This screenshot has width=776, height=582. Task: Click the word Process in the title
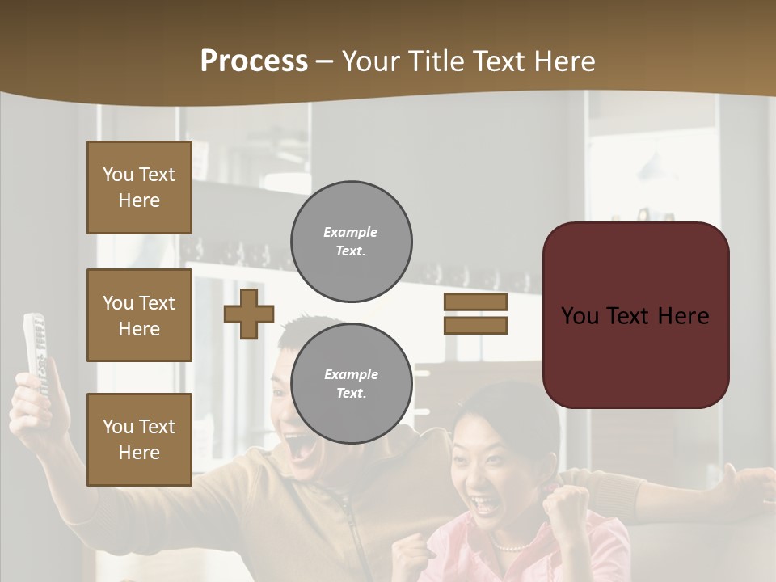click(254, 61)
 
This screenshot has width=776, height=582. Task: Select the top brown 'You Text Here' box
click(139, 188)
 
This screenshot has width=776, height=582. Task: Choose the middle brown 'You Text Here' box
click(139, 315)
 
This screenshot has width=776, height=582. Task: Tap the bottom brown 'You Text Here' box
click(139, 439)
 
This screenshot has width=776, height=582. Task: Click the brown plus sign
click(249, 314)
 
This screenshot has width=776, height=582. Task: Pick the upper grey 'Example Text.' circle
click(351, 242)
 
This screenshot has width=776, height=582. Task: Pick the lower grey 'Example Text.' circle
click(351, 384)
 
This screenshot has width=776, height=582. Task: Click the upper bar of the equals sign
click(475, 302)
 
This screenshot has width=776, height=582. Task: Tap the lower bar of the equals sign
click(475, 325)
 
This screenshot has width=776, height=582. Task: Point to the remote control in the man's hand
click(35, 352)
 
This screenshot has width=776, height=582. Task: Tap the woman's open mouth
click(487, 505)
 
